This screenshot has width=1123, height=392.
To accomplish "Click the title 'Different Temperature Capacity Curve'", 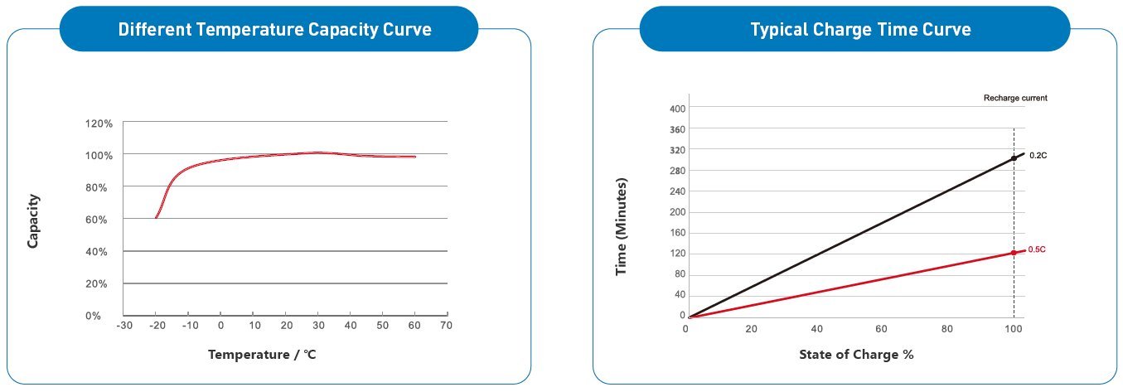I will (274, 29).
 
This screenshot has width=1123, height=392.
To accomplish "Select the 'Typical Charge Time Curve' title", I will (860, 29).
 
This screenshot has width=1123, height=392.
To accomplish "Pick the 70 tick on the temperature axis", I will (446, 326).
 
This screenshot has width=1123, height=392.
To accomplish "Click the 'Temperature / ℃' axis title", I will (262, 355).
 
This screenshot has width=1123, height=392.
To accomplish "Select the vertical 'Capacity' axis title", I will (34, 220).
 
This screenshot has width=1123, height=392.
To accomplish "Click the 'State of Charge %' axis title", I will (856, 355).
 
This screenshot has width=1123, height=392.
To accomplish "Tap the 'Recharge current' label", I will (1015, 98).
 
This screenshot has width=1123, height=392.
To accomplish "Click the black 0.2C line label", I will (1038, 155).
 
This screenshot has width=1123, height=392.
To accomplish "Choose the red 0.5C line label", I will (1038, 249).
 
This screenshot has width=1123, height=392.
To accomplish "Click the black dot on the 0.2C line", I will (1014, 157).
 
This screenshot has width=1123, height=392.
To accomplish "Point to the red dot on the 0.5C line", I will (1014, 252).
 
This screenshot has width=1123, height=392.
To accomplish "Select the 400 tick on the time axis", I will (678, 109).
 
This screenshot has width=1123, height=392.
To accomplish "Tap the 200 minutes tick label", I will (678, 212).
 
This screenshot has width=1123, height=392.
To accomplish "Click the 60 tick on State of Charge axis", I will (882, 328).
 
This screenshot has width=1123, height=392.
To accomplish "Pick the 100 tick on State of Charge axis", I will (1013, 328).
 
